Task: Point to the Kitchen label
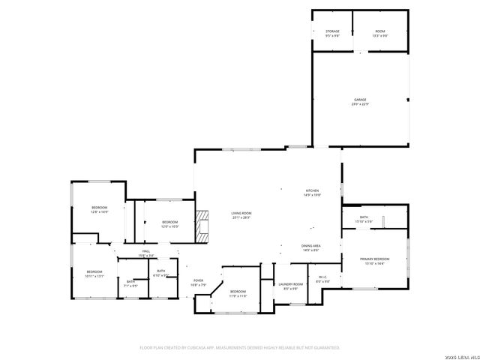(312, 192)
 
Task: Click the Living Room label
(241, 215)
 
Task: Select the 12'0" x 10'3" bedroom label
(170, 223)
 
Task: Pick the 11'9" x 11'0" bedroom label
(238, 292)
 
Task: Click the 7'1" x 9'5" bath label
(130, 283)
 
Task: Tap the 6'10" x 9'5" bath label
(161, 273)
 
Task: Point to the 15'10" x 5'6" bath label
(364, 219)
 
